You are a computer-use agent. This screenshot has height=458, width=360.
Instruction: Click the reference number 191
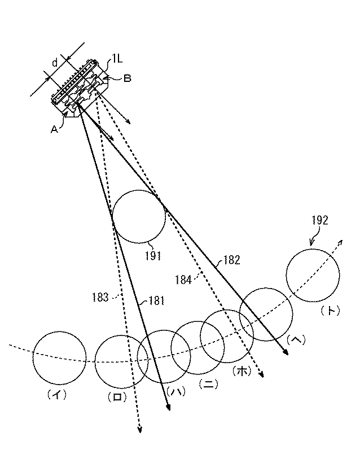[x=152, y=256]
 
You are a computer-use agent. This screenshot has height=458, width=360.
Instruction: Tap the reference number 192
[x=318, y=221]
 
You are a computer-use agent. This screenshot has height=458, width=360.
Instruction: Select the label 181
[x=155, y=302]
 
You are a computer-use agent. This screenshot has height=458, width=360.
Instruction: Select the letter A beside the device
[x=54, y=129]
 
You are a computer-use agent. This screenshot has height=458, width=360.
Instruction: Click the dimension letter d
[x=55, y=63]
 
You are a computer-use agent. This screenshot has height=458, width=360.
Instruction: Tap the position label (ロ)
[x=117, y=397]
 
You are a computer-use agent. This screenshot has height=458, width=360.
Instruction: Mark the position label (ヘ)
[x=296, y=339]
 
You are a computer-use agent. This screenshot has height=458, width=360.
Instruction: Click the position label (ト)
[x=329, y=310]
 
